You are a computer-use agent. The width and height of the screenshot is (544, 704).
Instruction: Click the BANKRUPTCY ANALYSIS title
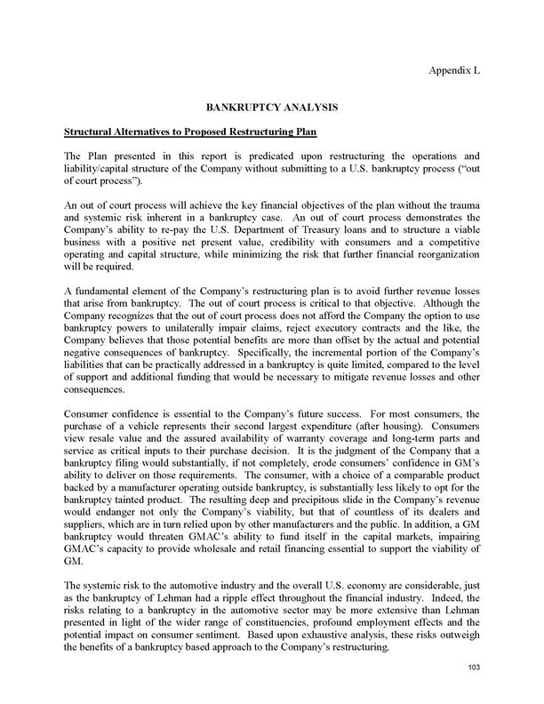271,107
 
